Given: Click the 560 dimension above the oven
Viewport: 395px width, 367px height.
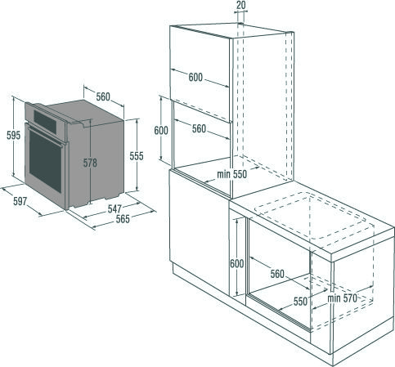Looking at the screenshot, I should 102,97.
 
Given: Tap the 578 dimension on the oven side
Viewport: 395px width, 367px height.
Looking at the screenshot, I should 90,163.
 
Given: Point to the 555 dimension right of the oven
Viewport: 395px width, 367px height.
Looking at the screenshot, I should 137,155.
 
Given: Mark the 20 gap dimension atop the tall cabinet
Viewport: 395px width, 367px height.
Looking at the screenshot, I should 240,6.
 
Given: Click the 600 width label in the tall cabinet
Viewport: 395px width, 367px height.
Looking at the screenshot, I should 195,78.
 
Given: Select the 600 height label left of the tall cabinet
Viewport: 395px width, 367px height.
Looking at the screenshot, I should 161,130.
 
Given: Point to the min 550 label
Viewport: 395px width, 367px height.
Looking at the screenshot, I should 232,175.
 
